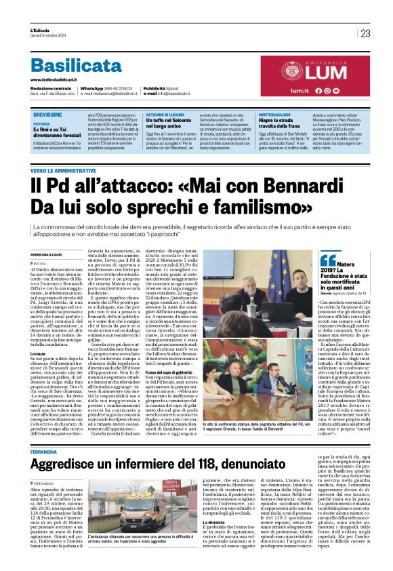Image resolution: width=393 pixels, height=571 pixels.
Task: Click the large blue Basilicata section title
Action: coord(76,66)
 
